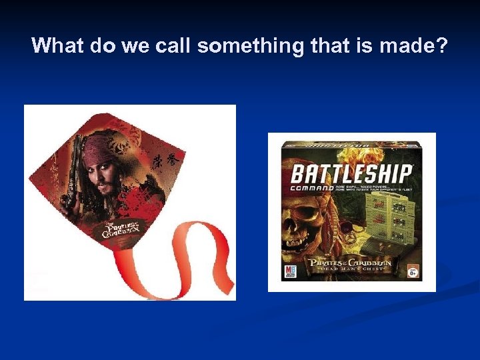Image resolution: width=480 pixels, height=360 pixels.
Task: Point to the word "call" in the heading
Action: coord(171,46)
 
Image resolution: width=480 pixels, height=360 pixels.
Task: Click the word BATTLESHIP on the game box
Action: coord(351,175)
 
